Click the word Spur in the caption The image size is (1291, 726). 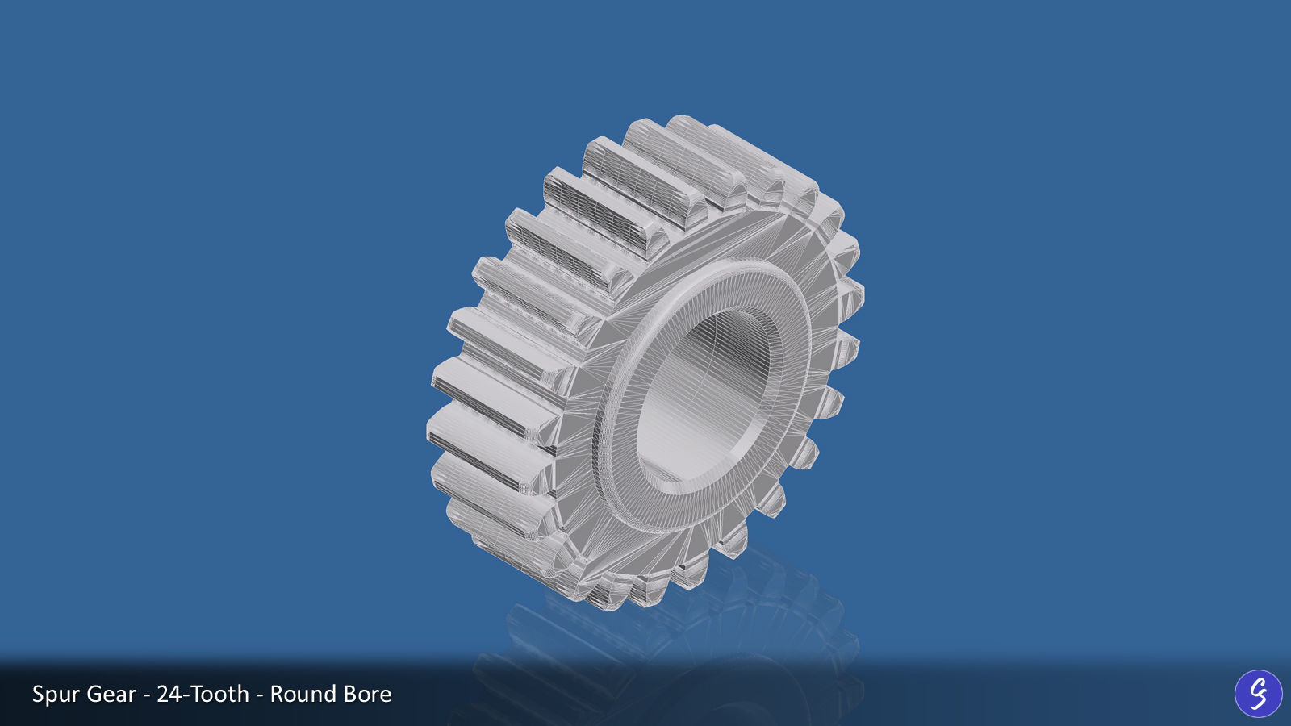tap(56, 695)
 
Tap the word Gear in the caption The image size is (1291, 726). tap(111, 695)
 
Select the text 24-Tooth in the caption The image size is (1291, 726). tap(203, 695)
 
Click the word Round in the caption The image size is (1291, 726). tap(303, 695)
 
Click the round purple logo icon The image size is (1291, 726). tap(1258, 694)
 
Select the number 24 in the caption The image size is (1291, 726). tap(169, 695)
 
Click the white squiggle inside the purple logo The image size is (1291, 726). tap(1258, 694)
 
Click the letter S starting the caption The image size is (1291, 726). tap(38, 695)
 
